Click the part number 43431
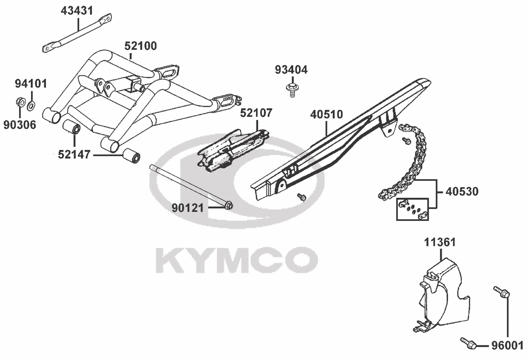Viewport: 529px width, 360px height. click(x=77, y=11)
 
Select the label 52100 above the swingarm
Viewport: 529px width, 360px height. click(x=141, y=46)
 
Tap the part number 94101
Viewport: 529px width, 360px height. click(x=31, y=84)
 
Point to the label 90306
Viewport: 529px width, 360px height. click(x=20, y=125)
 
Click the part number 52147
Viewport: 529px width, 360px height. click(x=74, y=155)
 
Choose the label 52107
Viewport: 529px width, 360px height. click(x=256, y=113)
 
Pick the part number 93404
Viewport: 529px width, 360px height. click(x=291, y=70)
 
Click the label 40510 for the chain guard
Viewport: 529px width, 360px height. click(x=326, y=115)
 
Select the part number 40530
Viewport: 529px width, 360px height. click(x=462, y=192)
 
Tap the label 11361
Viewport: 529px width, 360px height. click(x=440, y=242)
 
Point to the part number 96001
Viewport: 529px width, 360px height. click(x=507, y=346)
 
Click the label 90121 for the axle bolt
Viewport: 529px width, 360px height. click(x=188, y=208)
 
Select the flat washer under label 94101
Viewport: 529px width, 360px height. click(x=31, y=106)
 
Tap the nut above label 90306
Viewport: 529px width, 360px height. click(x=19, y=101)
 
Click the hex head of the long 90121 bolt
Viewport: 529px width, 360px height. click(x=229, y=205)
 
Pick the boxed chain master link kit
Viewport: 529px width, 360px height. click(x=412, y=209)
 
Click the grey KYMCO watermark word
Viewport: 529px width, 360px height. click(x=237, y=260)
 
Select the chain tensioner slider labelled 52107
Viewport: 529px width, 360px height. click(x=233, y=150)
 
